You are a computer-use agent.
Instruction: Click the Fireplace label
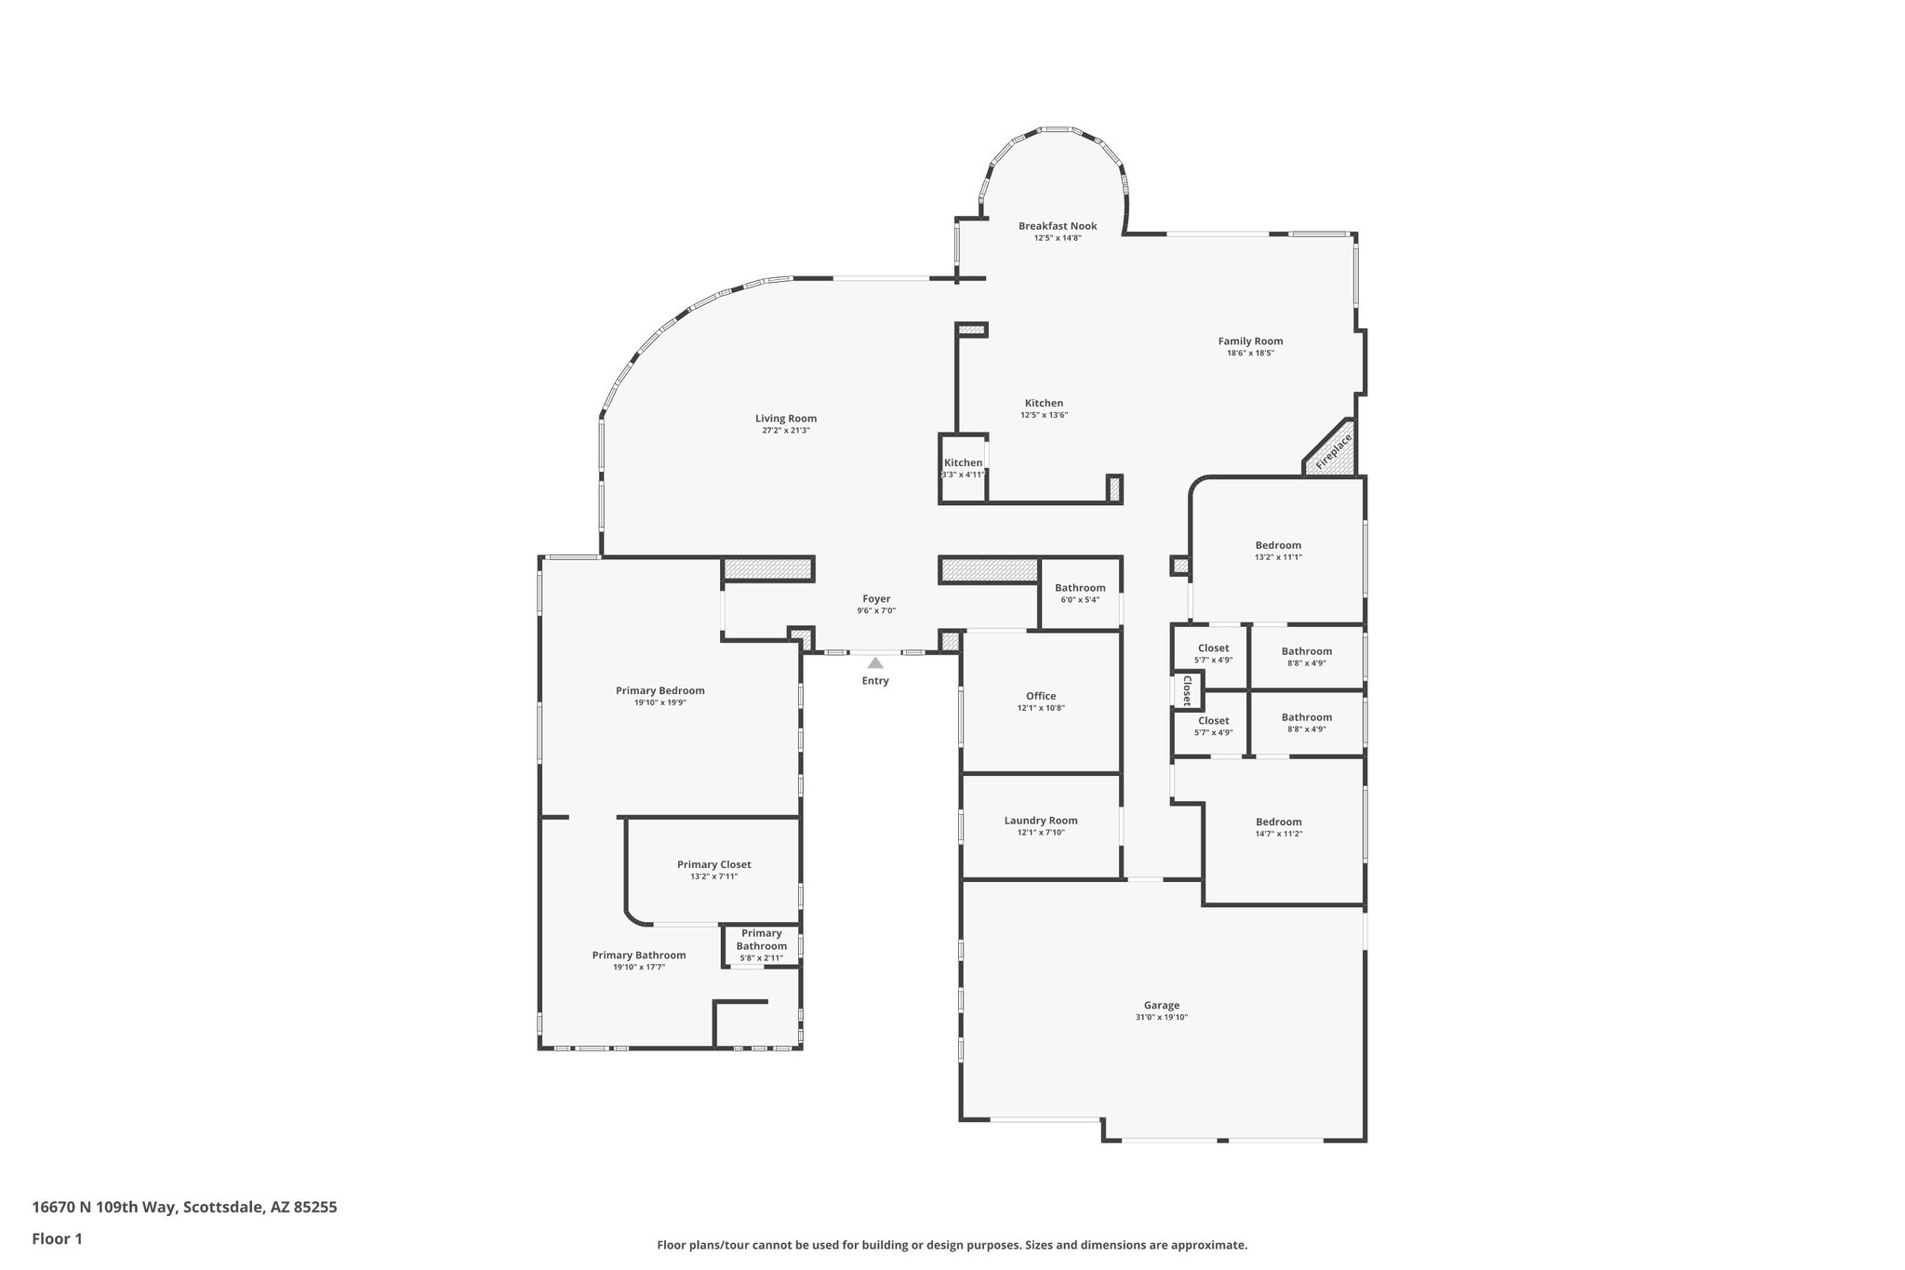pos(1333,451)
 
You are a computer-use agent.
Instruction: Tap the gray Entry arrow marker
pos(875,663)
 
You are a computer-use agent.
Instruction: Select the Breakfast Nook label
pos(1058,226)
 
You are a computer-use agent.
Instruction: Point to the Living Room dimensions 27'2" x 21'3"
pos(786,431)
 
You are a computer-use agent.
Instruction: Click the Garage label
pos(1162,1005)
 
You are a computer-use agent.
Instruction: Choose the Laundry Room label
pos(1041,821)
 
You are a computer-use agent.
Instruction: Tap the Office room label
pos(1041,696)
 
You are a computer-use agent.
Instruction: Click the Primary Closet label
pos(714,864)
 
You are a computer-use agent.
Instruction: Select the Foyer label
pos(876,599)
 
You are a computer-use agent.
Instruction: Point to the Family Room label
pos(1250,341)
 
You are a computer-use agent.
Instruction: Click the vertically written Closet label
pos(1187,690)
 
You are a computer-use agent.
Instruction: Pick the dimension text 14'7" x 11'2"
pos(1279,834)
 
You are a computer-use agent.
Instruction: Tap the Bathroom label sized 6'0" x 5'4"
pos(1080,588)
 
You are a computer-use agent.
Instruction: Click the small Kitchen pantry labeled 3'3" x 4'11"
pos(963,468)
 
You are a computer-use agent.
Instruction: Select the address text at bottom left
pos(184,1208)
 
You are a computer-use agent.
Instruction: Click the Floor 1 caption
pos(58,1238)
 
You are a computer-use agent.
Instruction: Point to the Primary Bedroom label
pos(660,690)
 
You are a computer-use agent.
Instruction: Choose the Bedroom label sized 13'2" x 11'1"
pos(1278,545)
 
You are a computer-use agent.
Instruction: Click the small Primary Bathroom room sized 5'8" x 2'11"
pos(761,945)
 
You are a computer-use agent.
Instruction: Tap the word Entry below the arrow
pos(875,681)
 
